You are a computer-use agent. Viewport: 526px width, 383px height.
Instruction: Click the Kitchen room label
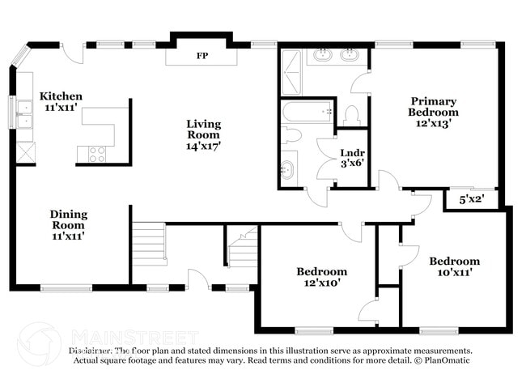62,96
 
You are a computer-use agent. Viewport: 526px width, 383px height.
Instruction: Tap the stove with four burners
96,154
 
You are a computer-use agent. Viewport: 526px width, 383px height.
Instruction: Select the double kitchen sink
24,113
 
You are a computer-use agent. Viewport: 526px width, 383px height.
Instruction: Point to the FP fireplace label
201,57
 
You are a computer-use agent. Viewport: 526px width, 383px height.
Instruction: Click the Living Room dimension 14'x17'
203,147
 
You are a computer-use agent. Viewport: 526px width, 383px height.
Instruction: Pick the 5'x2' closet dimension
473,198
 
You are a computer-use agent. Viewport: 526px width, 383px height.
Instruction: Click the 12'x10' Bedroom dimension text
321,283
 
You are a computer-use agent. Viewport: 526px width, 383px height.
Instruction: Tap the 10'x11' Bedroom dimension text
454,273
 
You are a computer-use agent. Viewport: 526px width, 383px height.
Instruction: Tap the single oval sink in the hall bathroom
287,169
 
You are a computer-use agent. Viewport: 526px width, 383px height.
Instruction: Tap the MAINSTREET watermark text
134,335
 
